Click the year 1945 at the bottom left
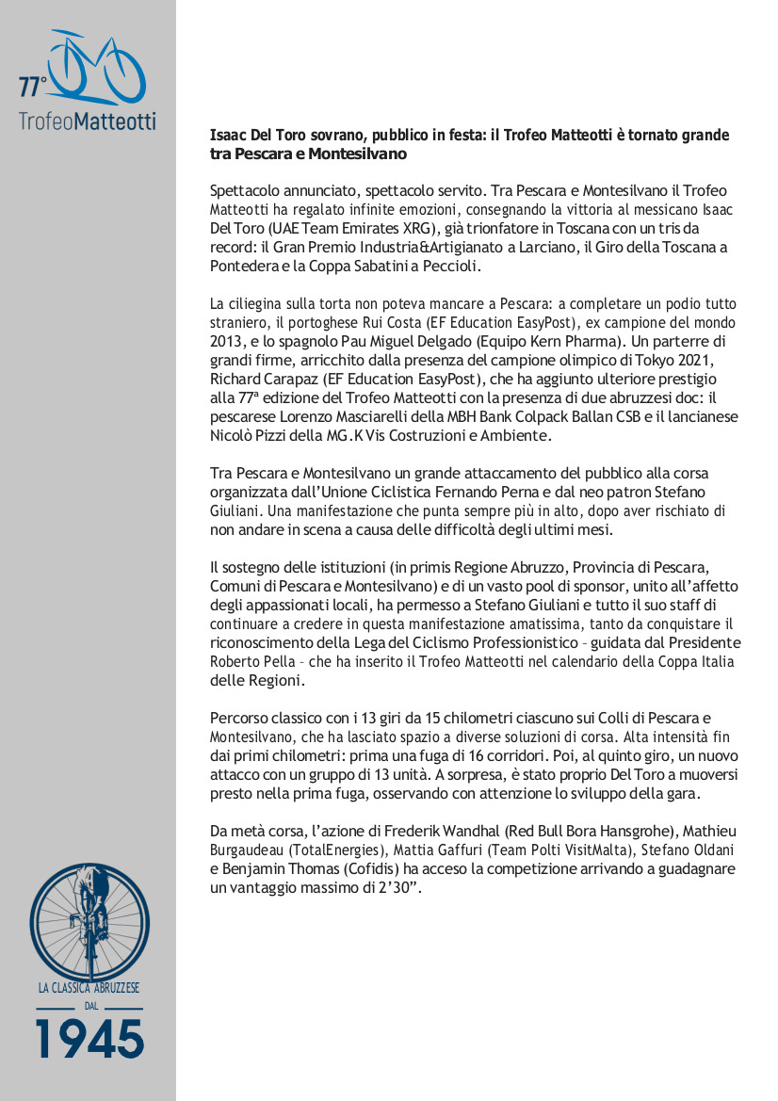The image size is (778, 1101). tap(89, 1039)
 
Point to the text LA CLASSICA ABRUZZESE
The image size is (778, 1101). tap(89, 988)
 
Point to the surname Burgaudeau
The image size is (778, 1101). tap(248, 850)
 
